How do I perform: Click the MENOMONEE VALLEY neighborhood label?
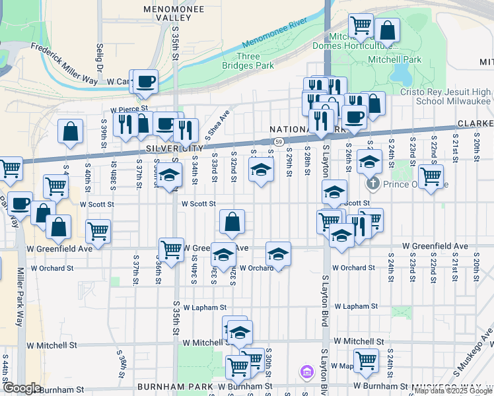[x=168, y=13]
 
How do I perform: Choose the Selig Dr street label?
[x=100, y=57]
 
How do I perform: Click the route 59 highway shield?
[x=279, y=142]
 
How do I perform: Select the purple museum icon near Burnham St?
[x=306, y=372]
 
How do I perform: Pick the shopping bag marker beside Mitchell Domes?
[x=387, y=30]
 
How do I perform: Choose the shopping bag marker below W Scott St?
[x=232, y=223]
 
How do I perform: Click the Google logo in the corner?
[x=22, y=388]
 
